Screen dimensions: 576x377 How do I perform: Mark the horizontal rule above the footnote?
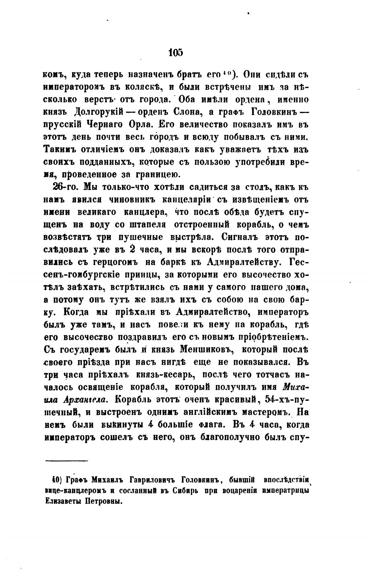66,460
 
